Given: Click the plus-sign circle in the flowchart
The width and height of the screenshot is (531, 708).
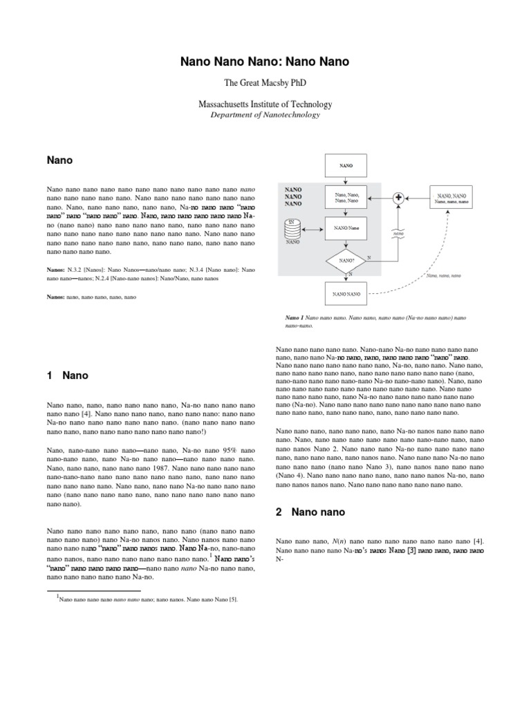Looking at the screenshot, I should pyautogui.click(x=399, y=198).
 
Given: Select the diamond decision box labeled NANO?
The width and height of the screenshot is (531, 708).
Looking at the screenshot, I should pyautogui.click(x=346, y=261).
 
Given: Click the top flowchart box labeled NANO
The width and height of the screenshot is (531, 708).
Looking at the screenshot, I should pyautogui.click(x=346, y=166).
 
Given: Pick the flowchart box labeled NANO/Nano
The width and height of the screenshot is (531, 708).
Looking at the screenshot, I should pyautogui.click(x=346, y=227).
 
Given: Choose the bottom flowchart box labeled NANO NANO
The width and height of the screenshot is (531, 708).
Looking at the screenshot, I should pyautogui.click(x=346, y=294).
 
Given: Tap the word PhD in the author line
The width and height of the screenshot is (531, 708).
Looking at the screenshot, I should pyautogui.click(x=297, y=83).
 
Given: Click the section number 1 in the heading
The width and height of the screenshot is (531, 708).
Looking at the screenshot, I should pyautogui.click(x=50, y=376).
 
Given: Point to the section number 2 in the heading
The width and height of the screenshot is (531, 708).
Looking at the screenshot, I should pyautogui.click(x=279, y=512).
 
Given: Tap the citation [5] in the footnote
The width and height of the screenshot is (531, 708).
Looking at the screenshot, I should pyautogui.click(x=234, y=599).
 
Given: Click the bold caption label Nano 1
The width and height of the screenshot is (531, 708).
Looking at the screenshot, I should pyautogui.click(x=295, y=318).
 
